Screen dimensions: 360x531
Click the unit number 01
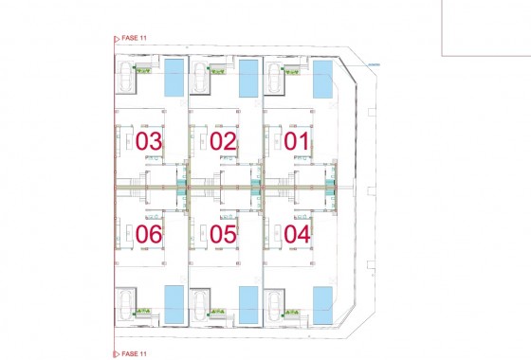pos(297,142)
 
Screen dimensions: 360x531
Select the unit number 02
pos(223,142)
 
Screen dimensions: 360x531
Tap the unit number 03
pos(149,142)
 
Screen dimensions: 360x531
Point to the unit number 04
pos(297,232)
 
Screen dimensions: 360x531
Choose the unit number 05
pos(223,232)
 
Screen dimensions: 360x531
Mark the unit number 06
pos(149,232)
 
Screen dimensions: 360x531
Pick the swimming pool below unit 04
pos(322,306)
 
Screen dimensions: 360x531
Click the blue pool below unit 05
pos(248,304)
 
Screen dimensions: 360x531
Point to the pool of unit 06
pos(174,304)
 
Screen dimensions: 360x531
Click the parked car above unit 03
pos(126,79)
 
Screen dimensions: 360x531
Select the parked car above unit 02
pos(201,79)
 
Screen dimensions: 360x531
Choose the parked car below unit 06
pos(126,304)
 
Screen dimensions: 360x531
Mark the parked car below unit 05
pos(201,304)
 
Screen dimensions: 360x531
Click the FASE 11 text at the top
pos(134,39)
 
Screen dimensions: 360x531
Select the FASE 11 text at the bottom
pos(134,353)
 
